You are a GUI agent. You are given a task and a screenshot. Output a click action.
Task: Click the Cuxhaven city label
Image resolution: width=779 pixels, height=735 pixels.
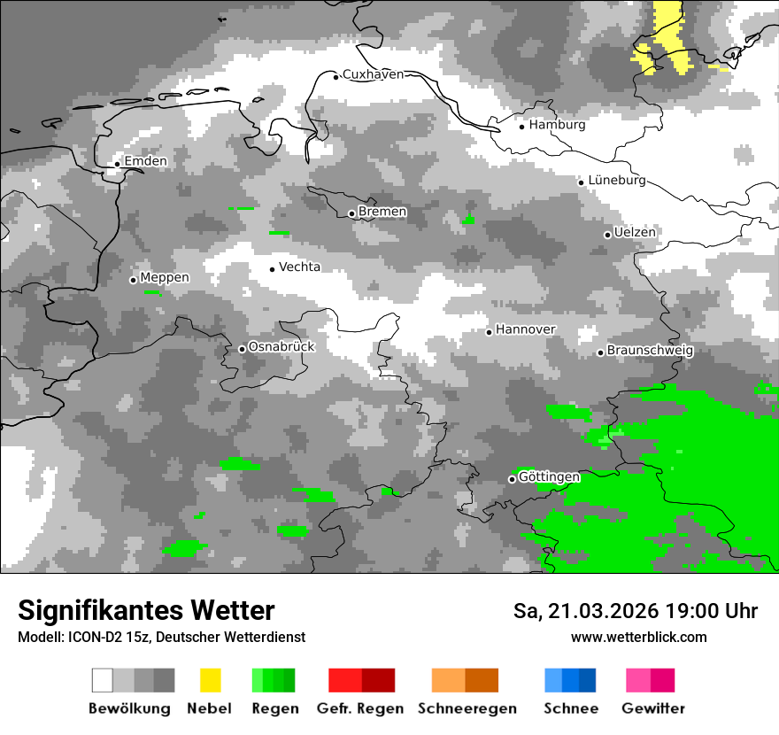(x=373, y=74)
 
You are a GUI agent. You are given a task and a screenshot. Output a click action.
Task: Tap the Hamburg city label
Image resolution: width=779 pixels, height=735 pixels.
(x=557, y=125)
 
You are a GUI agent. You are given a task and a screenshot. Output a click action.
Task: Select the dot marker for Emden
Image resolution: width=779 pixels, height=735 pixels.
(x=117, y=164)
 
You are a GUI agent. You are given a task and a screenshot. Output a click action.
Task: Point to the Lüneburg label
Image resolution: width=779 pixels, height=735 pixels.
(x=617, y=181)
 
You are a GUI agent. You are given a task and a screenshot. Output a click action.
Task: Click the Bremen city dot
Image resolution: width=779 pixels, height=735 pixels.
(x=351, y=213)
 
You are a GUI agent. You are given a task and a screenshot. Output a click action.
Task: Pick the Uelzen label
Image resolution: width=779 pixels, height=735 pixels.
(x=635, y=232)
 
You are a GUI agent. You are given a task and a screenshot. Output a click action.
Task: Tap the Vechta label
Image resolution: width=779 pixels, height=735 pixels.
(x=299, y=267)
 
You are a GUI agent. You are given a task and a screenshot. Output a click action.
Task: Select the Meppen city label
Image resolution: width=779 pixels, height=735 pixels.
(x=165, y=277)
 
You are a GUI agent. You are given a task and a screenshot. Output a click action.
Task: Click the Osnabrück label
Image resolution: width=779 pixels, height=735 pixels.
(x=281, y=346)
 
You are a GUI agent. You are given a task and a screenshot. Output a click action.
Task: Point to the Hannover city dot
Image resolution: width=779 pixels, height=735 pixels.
(x=489, y=332)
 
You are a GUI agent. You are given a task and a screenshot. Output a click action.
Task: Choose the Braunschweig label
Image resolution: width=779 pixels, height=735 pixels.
(x=650, y=350)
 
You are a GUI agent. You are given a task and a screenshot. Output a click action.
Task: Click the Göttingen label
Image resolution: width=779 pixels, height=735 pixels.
(x=549, y=476)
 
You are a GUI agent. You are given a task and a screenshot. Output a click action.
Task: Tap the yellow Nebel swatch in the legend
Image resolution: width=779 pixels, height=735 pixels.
(x=210, y=680)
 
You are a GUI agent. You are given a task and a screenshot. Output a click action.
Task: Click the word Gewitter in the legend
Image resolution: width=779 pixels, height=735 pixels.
(x=652, y=708)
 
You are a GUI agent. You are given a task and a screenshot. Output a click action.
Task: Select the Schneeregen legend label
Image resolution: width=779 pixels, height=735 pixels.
(x=467, y=708)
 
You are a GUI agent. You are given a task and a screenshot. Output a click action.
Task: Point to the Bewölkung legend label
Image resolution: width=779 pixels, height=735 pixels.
(x=129, y=708)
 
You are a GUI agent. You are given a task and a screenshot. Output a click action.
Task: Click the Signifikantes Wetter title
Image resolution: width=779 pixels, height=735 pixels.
(x=146, y=610)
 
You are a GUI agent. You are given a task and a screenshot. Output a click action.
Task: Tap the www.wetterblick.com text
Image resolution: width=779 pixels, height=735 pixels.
(x=638, y=637)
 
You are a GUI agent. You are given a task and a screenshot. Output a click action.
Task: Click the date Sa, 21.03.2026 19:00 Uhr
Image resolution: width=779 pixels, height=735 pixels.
(x=635, y=611)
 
